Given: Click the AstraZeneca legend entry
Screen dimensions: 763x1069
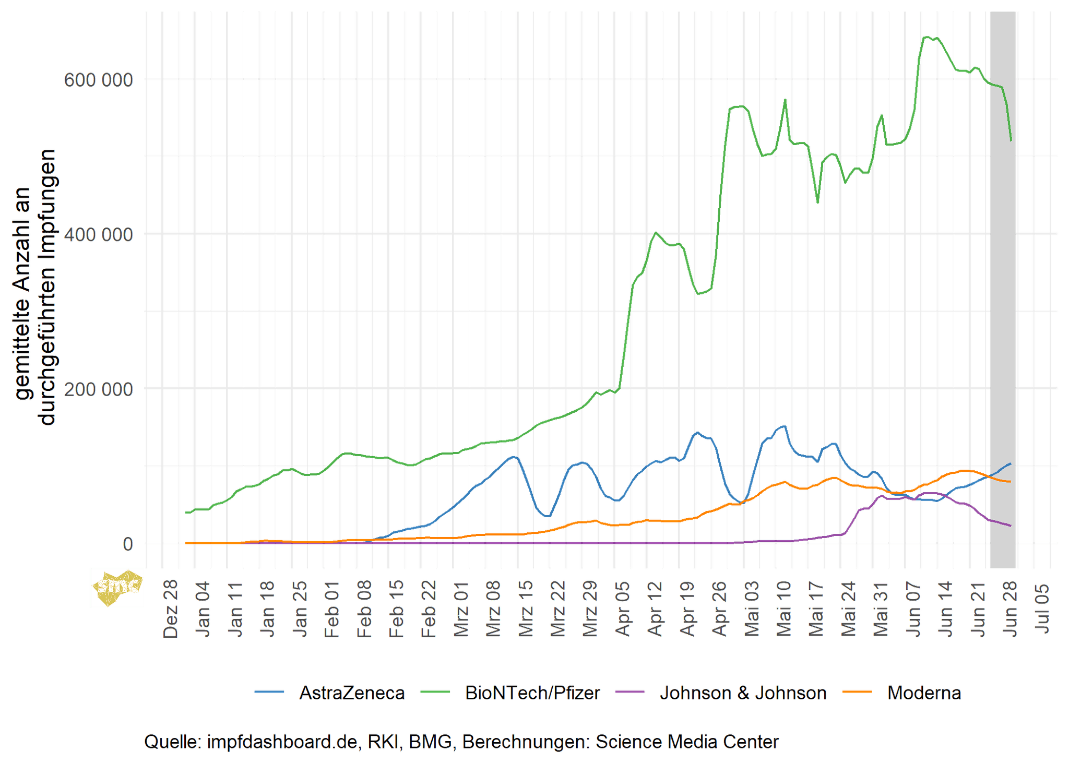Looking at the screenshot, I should pyautogui.click(x=351, y=693).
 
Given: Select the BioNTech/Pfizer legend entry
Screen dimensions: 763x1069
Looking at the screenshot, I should pyautogui.click(x=532, y=693).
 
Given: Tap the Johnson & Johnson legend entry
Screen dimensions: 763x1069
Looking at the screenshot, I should pyautogui.click(x=743, y=693).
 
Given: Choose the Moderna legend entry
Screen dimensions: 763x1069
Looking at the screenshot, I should pyautogui.click(x=924, y=693).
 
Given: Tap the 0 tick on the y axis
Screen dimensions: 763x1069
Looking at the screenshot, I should pyautogui.click(x=128, y=544).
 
